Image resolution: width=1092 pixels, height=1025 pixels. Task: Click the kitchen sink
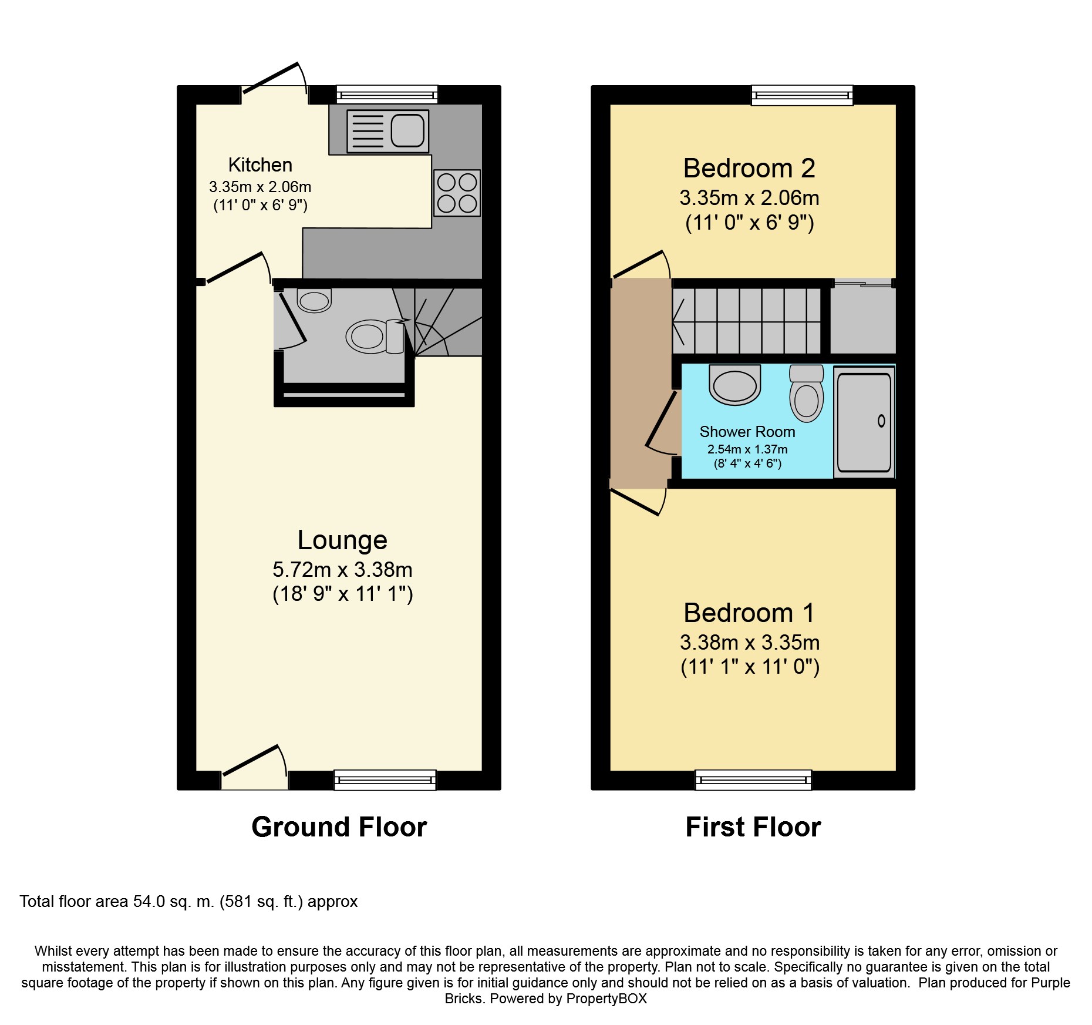(387, 130)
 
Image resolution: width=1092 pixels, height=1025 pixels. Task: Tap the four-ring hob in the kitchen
(457, 193)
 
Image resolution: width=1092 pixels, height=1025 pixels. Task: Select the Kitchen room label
(260, 165)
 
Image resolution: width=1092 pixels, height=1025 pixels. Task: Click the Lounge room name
(342, 540)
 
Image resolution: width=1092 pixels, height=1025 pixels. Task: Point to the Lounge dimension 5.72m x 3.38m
(342, 570)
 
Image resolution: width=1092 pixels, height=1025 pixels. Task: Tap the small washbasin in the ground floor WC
(315, 300)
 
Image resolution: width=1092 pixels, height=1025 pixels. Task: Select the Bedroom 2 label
(749, 169)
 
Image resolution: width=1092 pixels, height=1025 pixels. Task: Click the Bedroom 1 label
(749, 613)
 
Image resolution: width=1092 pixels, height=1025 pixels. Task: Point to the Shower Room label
(747, 432)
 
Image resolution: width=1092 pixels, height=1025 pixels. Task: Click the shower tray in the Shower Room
(864, 422)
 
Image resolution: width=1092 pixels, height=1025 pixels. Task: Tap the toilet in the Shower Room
(807, 393)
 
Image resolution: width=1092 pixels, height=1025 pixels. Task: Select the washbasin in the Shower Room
(735, 385)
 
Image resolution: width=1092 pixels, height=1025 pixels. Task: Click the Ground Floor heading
(339, 827)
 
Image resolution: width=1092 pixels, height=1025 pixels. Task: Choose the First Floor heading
(753, 827)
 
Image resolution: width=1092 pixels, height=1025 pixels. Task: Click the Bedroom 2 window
(802, 95)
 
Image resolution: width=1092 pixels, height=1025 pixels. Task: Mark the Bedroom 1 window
(753, 780)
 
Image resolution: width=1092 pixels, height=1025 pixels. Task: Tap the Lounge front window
(385, 780)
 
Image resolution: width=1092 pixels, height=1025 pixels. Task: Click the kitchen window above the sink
(387, 95)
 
